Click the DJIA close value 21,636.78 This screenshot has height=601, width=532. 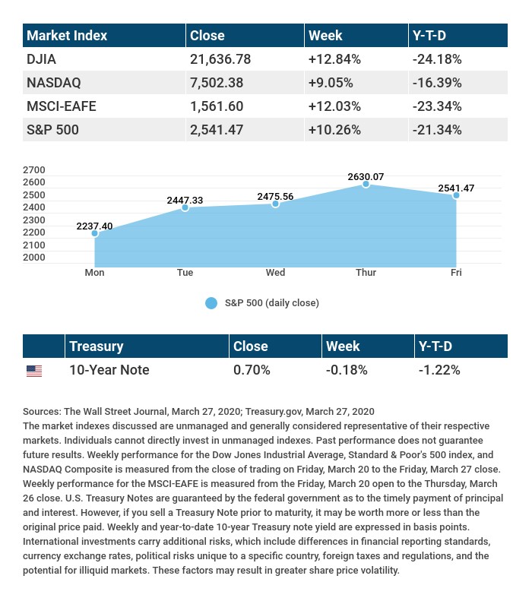tap(220, 59)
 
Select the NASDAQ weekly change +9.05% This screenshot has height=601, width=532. tap(335, 82)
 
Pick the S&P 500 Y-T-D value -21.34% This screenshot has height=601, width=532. tap(437, 130)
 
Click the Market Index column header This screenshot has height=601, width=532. tap(67, 35)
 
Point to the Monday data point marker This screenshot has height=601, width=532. tap(95, 233)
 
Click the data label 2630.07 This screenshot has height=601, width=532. tap(366, 177)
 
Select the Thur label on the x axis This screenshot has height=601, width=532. tap(366, 273)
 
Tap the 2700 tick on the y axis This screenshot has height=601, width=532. tap(35, 170)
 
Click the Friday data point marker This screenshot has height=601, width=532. tap(456, 195)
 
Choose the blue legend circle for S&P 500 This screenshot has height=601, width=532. tap(211, 303)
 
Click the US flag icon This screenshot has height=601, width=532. tap(34, 371)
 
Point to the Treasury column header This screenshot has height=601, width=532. tap(96, 346)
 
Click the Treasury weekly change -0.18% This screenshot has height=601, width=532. tap(347, 370)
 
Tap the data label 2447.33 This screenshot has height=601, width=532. tap(185, 200)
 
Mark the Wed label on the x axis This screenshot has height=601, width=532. tap(275, 273)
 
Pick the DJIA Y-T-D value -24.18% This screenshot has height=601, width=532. tap(437, 59)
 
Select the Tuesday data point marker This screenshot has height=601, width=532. tap(185, 207)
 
